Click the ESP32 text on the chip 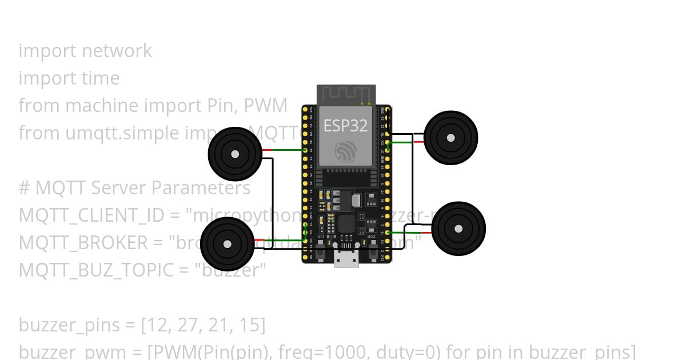pyautogui.click(x=346, y=125)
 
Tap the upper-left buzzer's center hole pyautogui.click(x=234, y=154)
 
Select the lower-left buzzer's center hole pyautogui.click(x=228, y=245)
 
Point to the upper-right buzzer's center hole pyautogui.click(x=451, y=138)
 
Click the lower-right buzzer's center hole pyautogui.click(x=458, y=229)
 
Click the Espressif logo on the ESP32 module pyautogui.click(x=346, y=150)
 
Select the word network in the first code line pyautogui.click(x=117, y=51)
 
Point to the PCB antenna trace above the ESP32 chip pyautogui.click(x=346, y=94)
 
